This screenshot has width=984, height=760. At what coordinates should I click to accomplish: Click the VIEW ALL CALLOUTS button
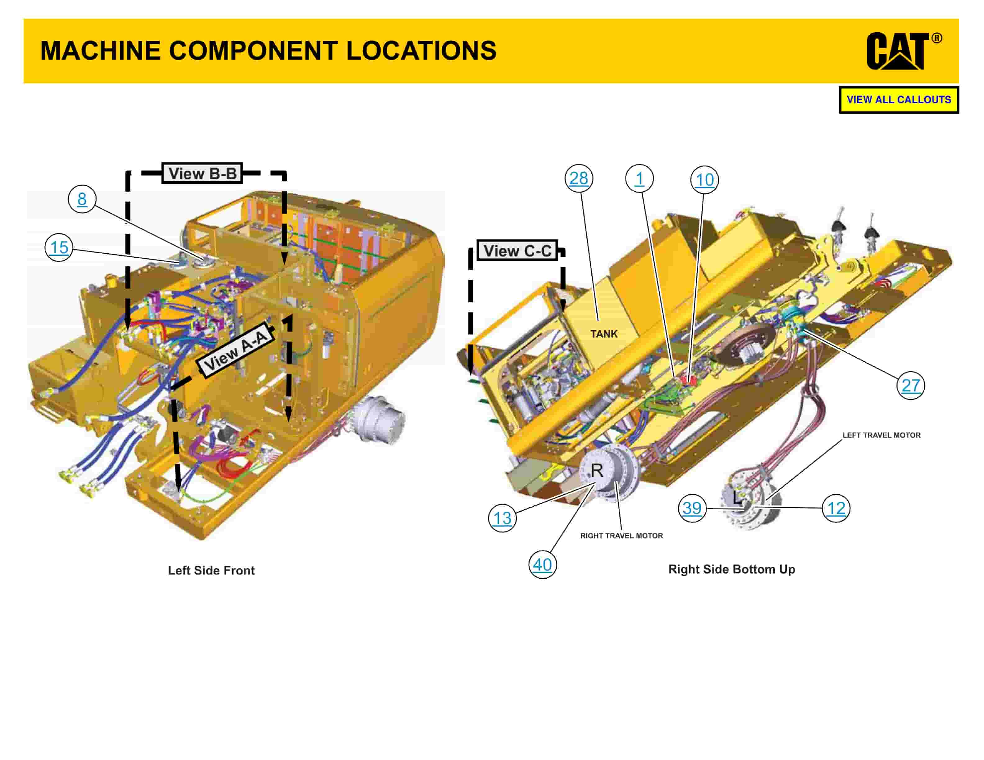click(x=898, y=100)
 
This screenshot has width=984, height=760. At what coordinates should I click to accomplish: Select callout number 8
click(x=82, y=199)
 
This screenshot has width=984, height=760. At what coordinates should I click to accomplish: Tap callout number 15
click(x=59, y=247)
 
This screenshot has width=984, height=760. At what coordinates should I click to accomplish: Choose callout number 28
click(x=579, y=178)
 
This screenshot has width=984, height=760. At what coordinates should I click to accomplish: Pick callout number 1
click(x=639, y=179)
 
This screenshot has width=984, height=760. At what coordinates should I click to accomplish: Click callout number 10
click(x=704, y=180)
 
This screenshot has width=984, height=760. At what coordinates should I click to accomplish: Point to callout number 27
click(x=911, y=385)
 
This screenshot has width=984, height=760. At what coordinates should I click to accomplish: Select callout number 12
click(x=836, y=508)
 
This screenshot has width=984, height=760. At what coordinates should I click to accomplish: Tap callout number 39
click(x=692, y=508)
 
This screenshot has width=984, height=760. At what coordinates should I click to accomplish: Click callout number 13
click(x=502, y=518)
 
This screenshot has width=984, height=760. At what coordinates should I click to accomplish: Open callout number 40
click(x=542, y=565)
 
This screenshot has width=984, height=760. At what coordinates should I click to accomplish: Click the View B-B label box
click(x=202, y=173)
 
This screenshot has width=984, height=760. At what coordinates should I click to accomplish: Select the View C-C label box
click(x=517, y=251)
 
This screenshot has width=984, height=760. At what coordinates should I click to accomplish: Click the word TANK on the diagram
click(x=604, y=334)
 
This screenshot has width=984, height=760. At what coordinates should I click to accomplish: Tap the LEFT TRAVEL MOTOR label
click(x=881, y=435)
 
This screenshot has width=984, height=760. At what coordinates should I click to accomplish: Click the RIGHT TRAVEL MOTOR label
click(x=621, y=536)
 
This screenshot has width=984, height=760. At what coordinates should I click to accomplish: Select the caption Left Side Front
click(x=211, y=570)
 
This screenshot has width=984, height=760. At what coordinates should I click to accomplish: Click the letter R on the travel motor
click(x=597, y=470)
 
